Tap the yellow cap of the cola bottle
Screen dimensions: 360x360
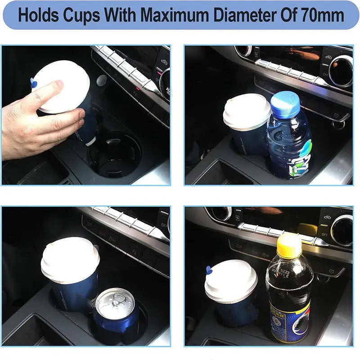tap(289, 246)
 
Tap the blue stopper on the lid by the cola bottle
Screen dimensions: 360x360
tap(209, 270)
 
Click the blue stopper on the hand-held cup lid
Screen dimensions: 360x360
tap(33, 82)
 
